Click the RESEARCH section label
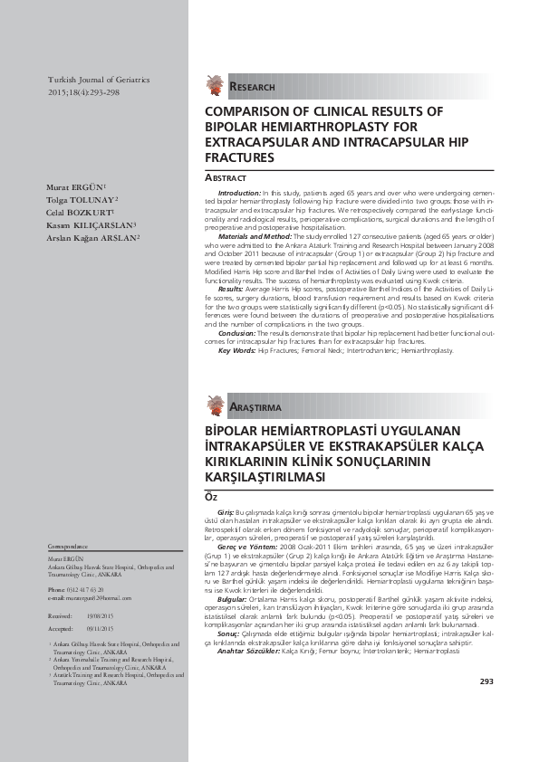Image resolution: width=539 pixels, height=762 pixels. [253, 87]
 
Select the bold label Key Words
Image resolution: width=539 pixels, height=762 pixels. [236, 349]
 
